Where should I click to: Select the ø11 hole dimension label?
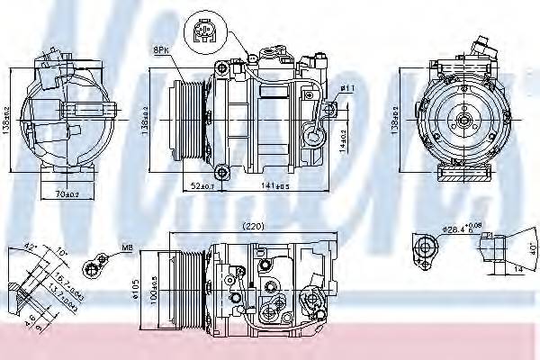coord(346,88)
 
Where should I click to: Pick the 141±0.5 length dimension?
coord(274,186)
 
